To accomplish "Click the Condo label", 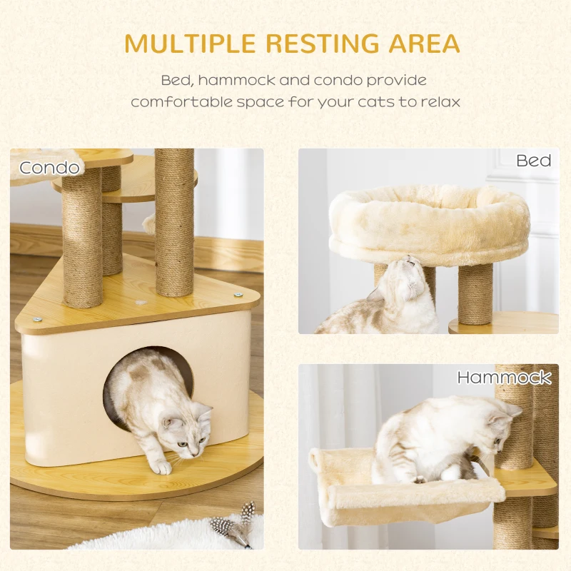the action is [x=49, y=168].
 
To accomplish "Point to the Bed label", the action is [x=533, y=161].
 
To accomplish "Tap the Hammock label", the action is [x=504, y=378].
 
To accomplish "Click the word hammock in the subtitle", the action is [x=237, y=80].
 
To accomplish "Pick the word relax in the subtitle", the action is [x=440, y=101].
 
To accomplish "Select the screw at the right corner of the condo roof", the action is [x=238, y=295].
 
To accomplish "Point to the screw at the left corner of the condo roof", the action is [x=36, y=320].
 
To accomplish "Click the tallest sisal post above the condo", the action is [x=174, y=222].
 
